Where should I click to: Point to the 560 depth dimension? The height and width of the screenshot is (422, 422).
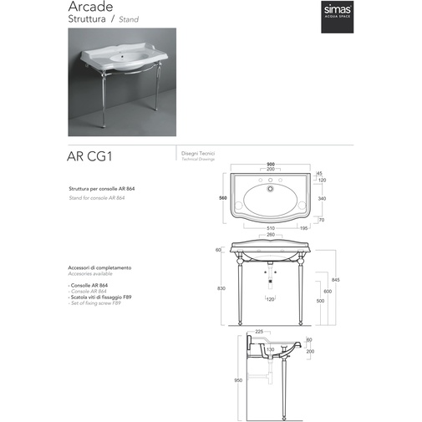pos(223,198)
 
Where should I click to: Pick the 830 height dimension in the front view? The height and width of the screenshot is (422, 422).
pos(221,287)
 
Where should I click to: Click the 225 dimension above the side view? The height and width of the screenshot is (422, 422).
pos(261,331)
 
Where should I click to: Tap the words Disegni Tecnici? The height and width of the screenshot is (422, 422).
pos(197,154)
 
